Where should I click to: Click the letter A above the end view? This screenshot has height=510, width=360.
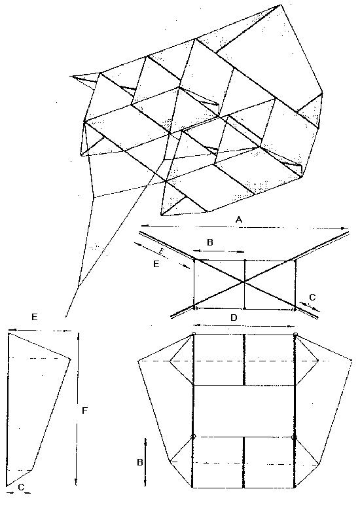[x=239, y=219]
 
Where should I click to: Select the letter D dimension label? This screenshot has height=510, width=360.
[x=234, y=318]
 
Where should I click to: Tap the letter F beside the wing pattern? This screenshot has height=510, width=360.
[x=84, y=410]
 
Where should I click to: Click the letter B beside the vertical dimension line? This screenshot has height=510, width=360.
[x=140, y=462]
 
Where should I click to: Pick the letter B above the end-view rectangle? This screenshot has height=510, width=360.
[x=210, y=242]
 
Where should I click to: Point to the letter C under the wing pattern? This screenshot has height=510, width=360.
[x=21, y=487]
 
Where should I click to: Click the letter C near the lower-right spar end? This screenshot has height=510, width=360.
[x=312, y=297]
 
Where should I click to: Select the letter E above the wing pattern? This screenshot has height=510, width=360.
[x=35, y=318]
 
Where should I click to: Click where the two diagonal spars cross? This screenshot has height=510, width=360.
[x=244, y=282]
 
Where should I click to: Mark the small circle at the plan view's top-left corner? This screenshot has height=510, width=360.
[x=194, y=333]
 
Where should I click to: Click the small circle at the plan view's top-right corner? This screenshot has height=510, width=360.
[x=295, y=335]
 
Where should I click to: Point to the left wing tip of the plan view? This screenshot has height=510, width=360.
[x=139, y=361]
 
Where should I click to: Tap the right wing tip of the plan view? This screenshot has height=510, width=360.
[x=351, y=360]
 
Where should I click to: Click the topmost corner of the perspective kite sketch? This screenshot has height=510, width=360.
[x=279, y=5]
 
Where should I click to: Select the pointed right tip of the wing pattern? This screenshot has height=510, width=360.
[x=70, y=359]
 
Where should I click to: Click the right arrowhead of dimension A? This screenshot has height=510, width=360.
[x=346, y=228]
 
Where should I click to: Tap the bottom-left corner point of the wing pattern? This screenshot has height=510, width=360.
[x=7, y=486]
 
